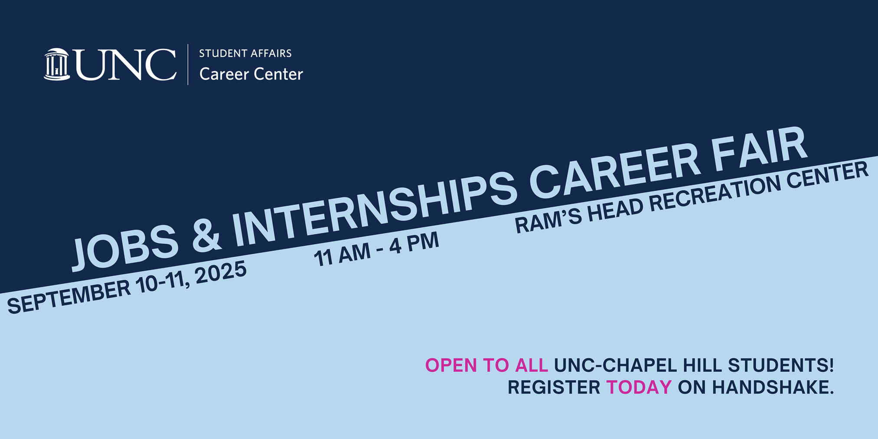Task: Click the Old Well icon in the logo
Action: pos(57,64)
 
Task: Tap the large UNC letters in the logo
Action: pos(126,64)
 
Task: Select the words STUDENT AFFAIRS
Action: pos(245,53)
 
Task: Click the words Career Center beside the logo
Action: pos(251,74)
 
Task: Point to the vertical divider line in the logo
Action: pos(188,64)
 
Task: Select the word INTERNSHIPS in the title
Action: pos(375,205)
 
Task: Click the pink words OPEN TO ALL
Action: pos(486,365)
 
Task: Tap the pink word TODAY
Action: pos(639,387)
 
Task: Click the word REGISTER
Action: pos(554,387)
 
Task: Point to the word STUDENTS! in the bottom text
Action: pos(781,365)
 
